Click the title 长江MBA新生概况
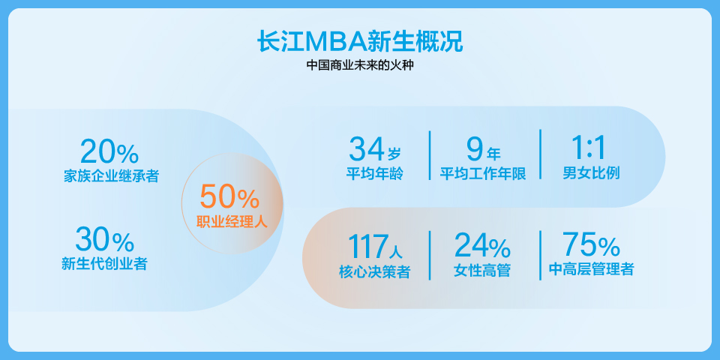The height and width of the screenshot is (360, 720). point(360,42)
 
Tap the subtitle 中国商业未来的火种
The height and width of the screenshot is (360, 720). point(360,65)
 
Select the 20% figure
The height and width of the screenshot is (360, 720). point(109,151)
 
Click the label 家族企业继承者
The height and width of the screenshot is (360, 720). point(111,175)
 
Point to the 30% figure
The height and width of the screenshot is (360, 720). point(105,240)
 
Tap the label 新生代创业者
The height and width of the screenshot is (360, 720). point(104,263)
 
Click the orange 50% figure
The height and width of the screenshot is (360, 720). point(229,196)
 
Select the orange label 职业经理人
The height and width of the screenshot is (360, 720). point(232,222)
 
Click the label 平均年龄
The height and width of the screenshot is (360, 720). point(374,174)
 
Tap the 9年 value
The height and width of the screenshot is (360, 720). point(483,149)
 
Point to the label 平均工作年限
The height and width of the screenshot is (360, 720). point(483,174)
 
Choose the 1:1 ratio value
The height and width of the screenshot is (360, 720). point(589,148)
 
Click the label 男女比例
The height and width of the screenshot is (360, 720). point(592,173)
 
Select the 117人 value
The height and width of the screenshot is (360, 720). point(375,247)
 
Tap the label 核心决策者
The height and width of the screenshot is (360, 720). point(375,271)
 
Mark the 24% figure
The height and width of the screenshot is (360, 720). point(482,246)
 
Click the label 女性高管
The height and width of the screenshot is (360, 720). point(482,271)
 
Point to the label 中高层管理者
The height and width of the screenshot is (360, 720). point(592,269)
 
